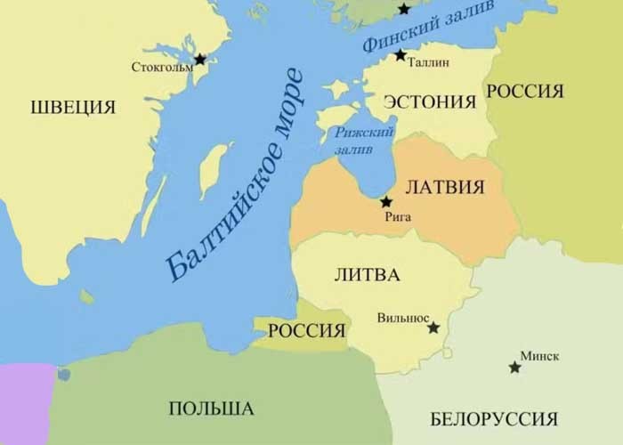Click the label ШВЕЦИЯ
(73, 108)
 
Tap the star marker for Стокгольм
(199, 60)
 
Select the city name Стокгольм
(161, 67)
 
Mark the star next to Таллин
(400, 55)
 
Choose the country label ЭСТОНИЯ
(430, 101)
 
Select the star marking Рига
(386, 202)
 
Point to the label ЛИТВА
(366, 273)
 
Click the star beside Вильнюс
(433, 328)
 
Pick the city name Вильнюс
(403, 317)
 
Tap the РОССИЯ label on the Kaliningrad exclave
(306, 331)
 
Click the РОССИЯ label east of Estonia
(525, 91)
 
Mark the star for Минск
(514, 367)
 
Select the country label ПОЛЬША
(211, 409)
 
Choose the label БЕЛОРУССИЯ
(493, 418)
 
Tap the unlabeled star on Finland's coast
(405, 9)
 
